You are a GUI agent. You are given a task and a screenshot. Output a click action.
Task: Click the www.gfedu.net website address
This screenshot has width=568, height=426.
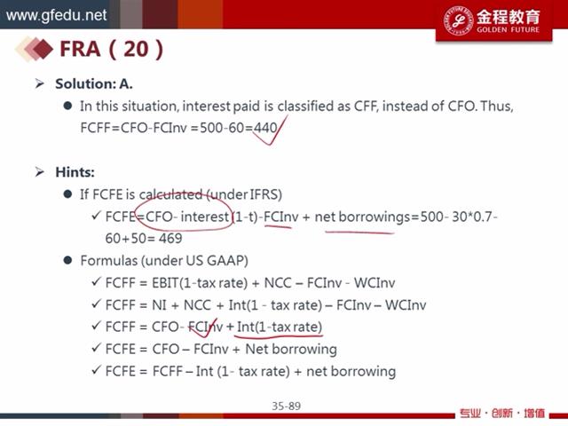coord(56,16)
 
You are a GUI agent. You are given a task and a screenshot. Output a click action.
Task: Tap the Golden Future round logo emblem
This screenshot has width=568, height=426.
coord(459,20)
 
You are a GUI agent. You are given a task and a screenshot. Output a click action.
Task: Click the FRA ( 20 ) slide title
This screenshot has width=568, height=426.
coord(111,49)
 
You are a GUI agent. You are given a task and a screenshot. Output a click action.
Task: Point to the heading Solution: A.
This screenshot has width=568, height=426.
coord(94,83)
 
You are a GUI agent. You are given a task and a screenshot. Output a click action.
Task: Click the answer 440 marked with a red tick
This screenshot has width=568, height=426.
coord(265,127)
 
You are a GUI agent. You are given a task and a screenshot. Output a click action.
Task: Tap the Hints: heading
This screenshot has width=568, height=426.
coord(75,171)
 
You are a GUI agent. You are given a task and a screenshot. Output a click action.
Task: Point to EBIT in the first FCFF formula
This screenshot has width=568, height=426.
coord(166,282)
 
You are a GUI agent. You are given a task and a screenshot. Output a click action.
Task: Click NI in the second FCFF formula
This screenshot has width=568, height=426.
coord(159,305)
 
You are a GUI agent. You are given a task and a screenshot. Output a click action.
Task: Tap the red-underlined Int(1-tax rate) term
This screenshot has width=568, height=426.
coord(279,327)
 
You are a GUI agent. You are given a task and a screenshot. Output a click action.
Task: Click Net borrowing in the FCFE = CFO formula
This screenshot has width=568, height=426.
coord(291,349)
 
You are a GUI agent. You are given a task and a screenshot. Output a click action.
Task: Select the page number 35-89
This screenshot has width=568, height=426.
coord(286,406)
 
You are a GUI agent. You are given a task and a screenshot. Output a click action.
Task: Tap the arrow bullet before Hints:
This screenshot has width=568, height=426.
coord(39,171)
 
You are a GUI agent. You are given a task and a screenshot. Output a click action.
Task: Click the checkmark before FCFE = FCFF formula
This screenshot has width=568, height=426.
coord(96,370)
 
